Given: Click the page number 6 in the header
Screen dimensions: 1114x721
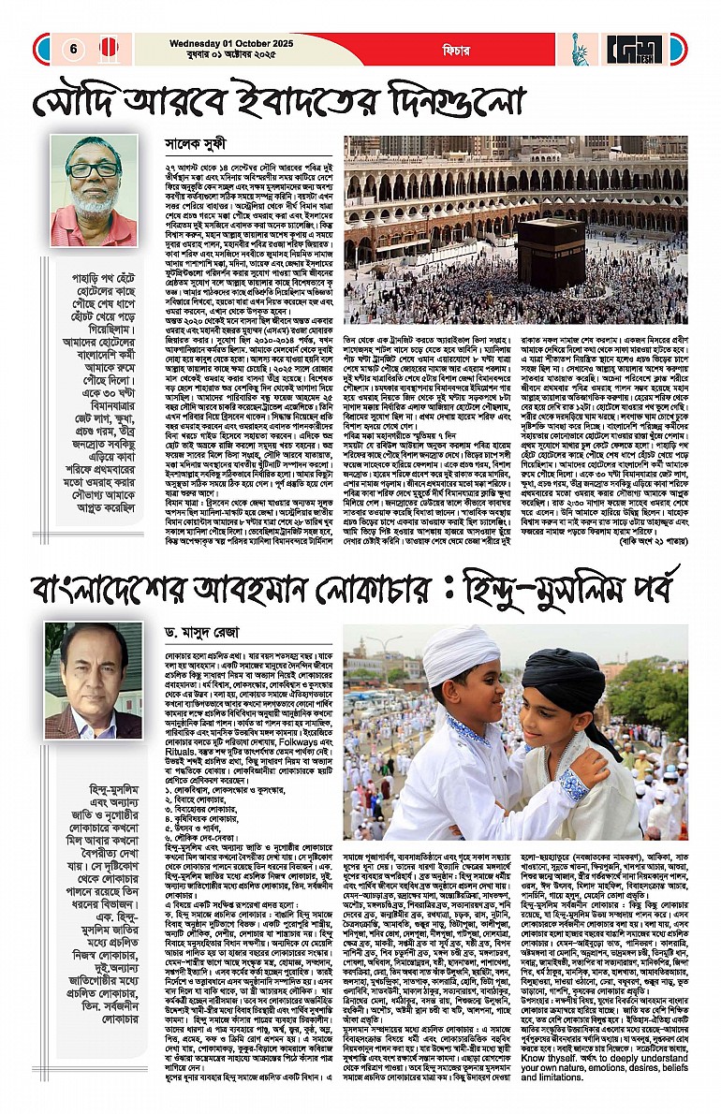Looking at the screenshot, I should (72, 49).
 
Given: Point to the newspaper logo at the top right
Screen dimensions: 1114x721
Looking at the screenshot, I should (635, 49).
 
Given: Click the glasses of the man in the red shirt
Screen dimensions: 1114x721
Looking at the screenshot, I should (93, 170).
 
